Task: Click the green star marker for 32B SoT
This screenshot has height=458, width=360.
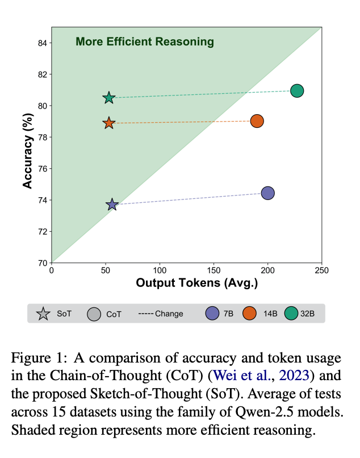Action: tap(109, 98)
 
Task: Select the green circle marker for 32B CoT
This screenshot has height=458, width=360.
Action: tap(296, 91)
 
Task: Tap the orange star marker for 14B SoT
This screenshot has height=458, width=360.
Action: tap(109, 123)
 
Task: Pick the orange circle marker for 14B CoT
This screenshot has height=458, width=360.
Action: tap(257, 121)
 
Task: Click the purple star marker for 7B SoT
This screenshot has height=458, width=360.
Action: tap(112, 205)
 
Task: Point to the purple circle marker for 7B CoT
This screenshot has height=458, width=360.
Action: tap(267, 193)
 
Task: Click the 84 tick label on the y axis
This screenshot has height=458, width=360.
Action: tap(42, 43)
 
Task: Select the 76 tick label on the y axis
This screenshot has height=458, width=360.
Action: tap(42, 169)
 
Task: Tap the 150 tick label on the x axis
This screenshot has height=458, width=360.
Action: tap(214, 270)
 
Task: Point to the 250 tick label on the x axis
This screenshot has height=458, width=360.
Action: tap(321, 270)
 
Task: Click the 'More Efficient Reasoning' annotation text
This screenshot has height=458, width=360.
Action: tap(145, 41)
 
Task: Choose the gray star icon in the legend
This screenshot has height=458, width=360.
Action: tap(43, 314)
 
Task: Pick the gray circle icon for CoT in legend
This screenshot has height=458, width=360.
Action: tap(94, 314)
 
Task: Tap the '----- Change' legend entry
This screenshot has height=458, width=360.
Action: tap(161, 314)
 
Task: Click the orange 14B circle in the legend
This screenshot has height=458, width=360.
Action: tap(249, 313)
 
